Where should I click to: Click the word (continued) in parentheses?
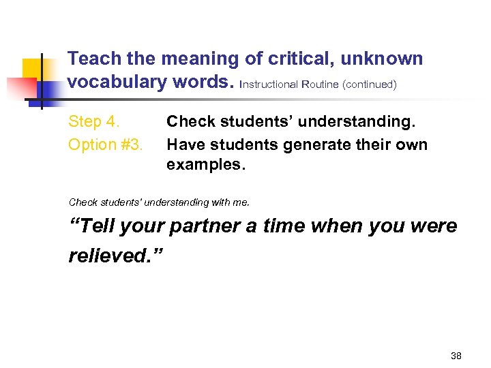370,85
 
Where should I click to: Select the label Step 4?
94,122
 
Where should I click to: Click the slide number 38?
456,356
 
